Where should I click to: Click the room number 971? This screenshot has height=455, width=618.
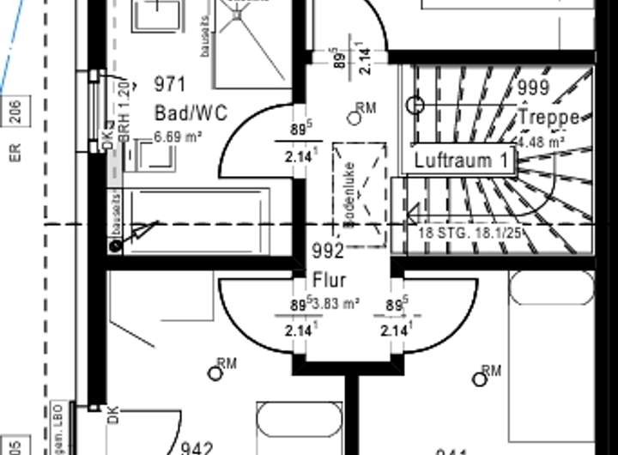point(171,83)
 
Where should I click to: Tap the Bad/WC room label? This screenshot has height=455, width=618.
point(191,112)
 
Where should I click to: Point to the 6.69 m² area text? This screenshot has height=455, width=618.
point(178,136)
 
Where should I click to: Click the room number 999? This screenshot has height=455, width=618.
point(533,88)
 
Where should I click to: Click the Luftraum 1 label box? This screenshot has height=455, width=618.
point(460,160)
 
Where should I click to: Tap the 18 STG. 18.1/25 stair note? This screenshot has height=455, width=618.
point(470,232)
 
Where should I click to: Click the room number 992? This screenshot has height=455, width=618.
point(328,252)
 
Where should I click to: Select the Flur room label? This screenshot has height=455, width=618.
point(329,280)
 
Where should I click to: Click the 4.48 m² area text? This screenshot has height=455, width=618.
point(541,142)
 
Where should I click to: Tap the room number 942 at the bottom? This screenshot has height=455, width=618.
point(197,448)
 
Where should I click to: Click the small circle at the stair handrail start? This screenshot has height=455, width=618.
point(416,106)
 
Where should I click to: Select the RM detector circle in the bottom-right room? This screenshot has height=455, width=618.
point(479,378)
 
